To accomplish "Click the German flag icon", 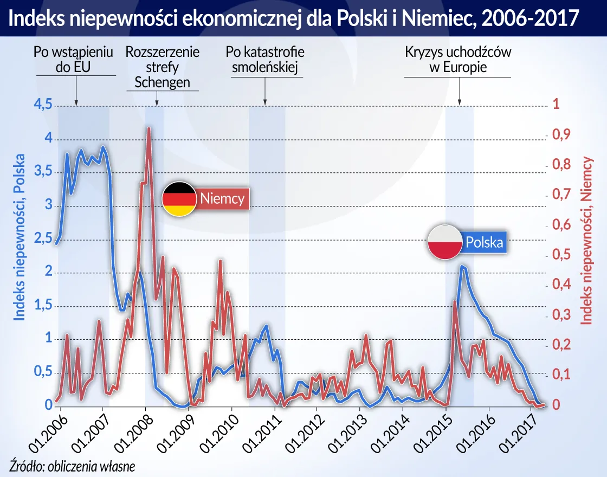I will coord(179,199).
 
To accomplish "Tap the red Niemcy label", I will coord(223,198).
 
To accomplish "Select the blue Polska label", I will coord(484,242).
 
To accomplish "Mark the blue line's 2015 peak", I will coord(462,266).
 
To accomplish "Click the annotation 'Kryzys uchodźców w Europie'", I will coord(458,60).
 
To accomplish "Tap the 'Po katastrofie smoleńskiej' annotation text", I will coord(265,60).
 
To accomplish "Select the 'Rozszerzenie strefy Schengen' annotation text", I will coord(162,67).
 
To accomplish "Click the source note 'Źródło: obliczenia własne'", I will coord(72,465).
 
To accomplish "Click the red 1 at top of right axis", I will coord(555,105).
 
